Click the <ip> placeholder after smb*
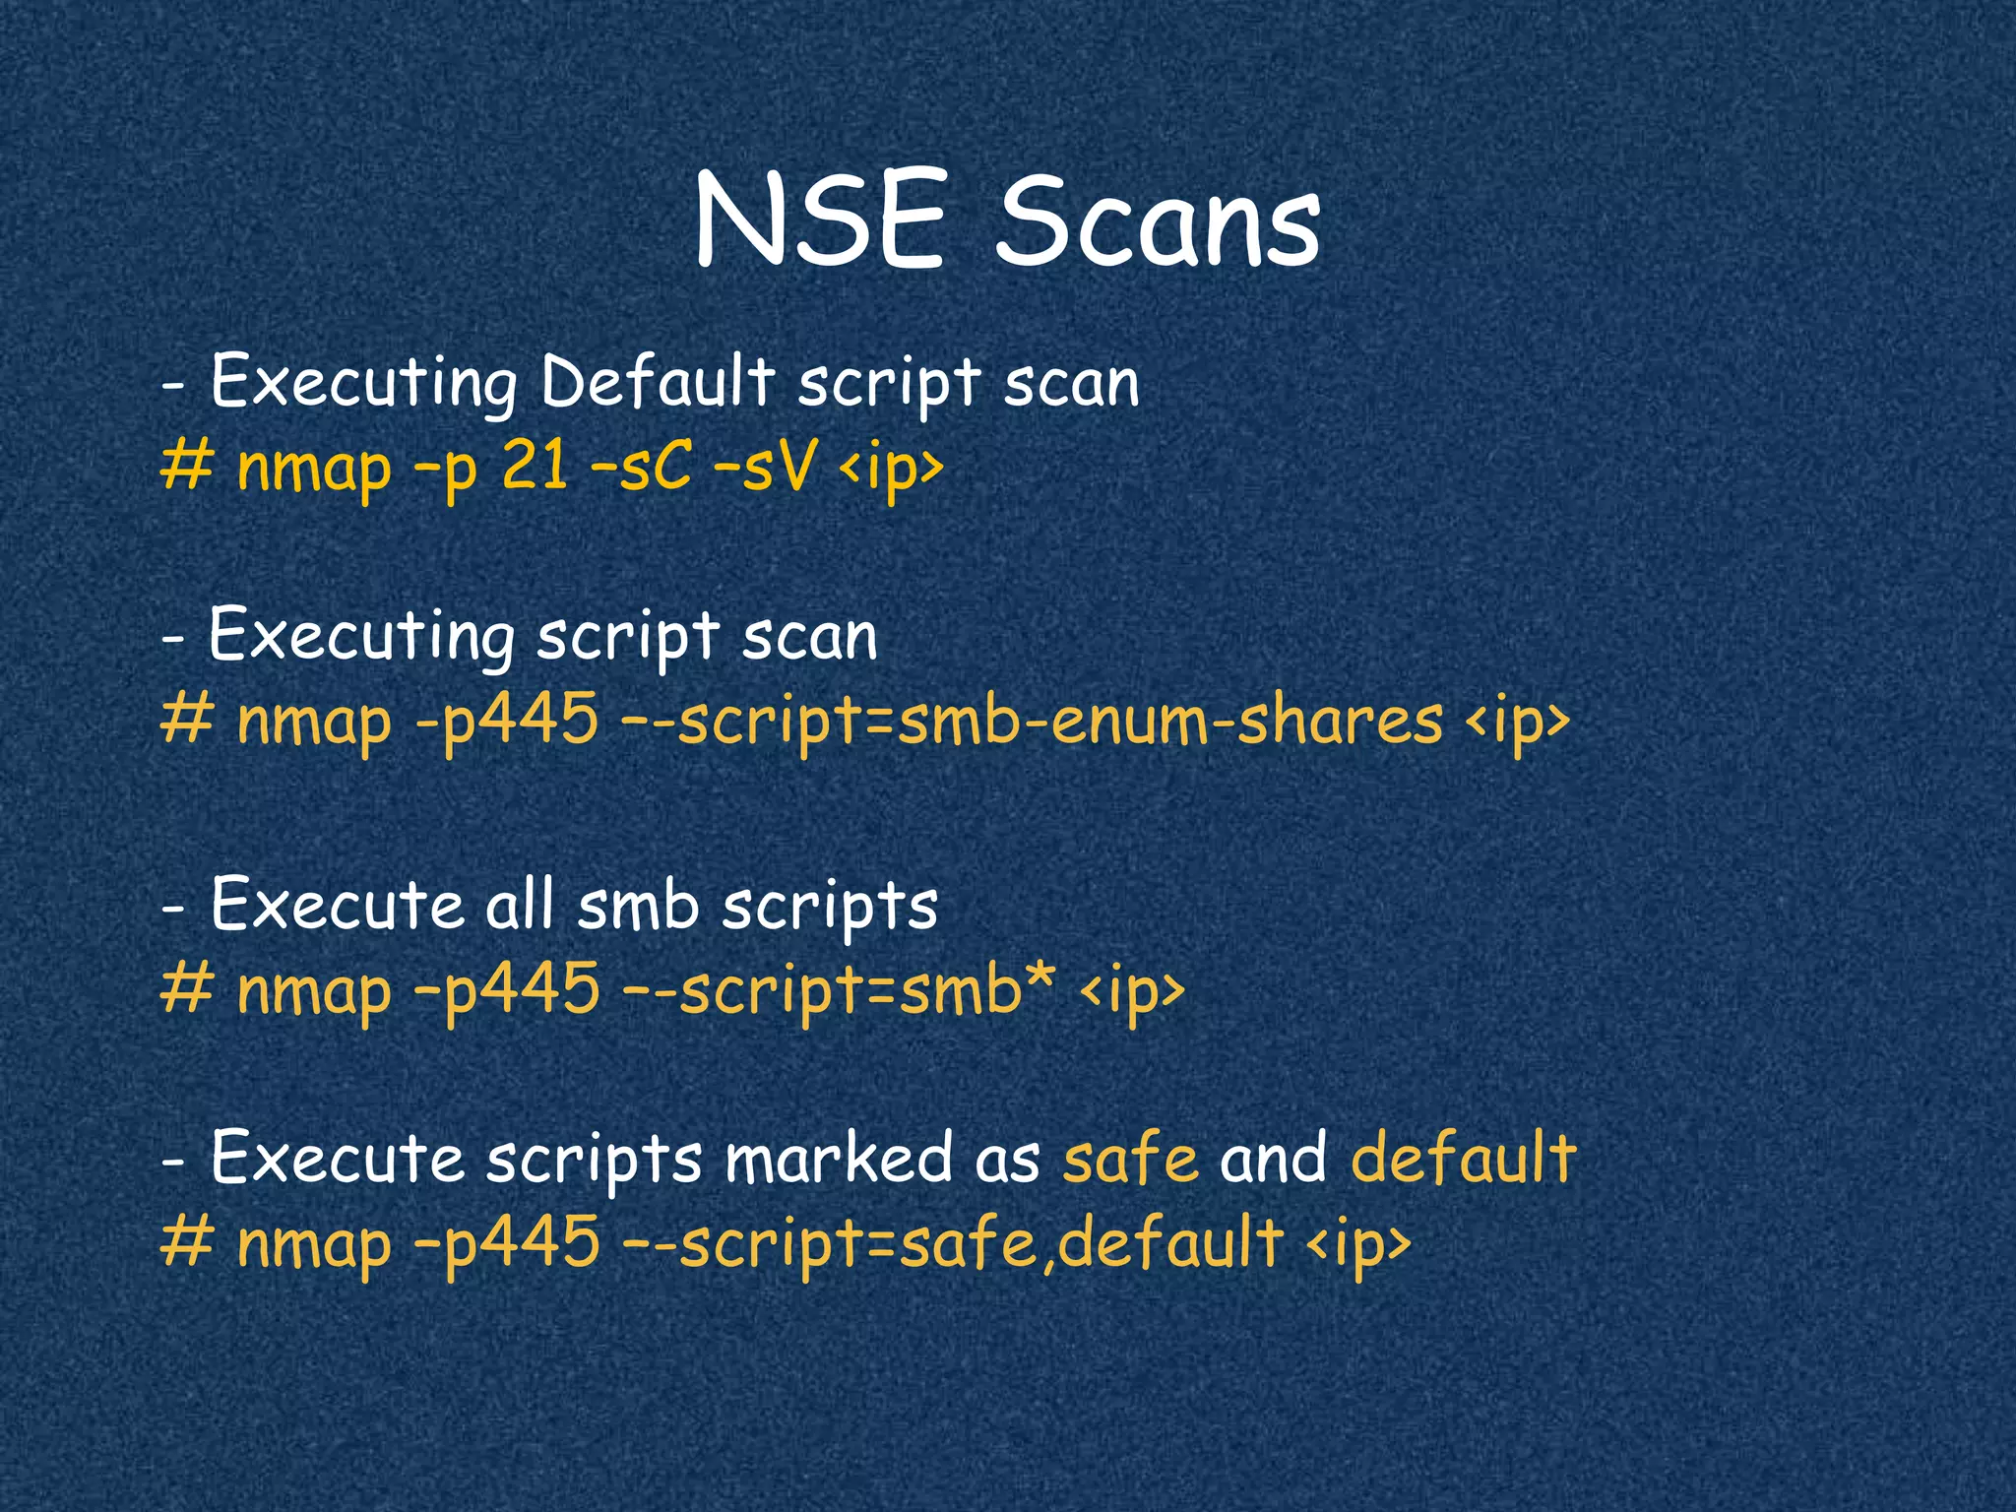coord(1132,990)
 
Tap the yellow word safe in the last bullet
coord(1130,1159)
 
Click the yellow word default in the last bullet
coord(1464,1159)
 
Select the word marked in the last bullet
coord(839,1159)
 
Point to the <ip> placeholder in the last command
coord(1358,1244)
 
